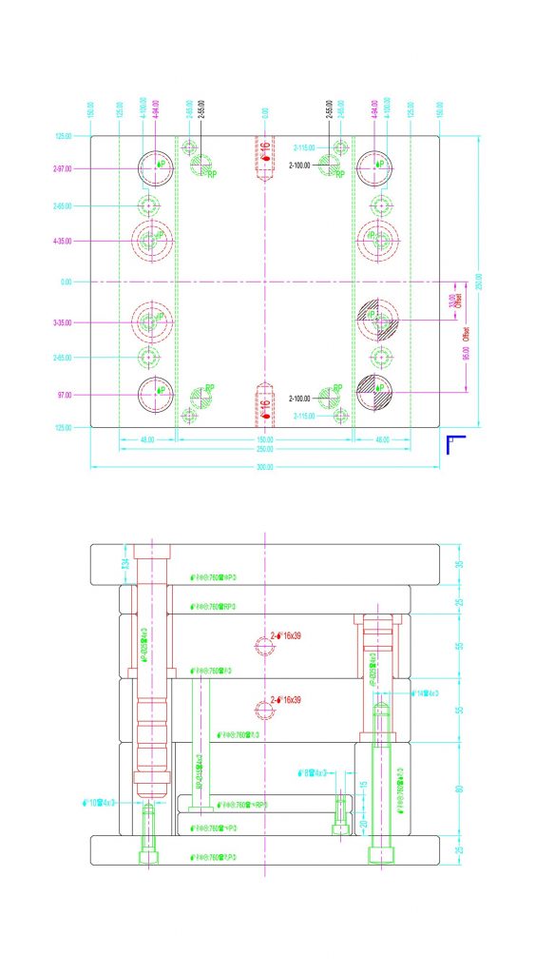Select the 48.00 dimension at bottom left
pyautogui.click(x=147, y=439)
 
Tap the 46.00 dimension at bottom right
pyautogui.click(x=382, y=439)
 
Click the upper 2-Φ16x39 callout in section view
pyautogui.click(x=285, y=635)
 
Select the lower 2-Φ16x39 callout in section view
pyautogui.click(x=285, y=700)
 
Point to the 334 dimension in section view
pyautogui.click(x=124, y=563)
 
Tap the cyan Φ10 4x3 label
pyautogui.click(x=99, y=802)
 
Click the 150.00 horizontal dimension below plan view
pyautogui.click(x=264, y=439)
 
